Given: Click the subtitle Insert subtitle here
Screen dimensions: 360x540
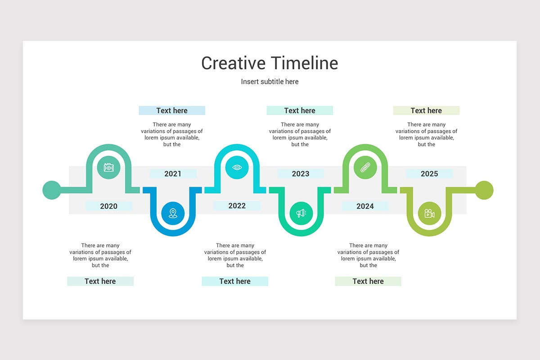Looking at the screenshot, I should coord(270,81).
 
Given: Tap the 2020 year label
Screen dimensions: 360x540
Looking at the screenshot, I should coord(108,206).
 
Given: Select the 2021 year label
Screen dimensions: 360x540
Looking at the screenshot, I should coord(173,174).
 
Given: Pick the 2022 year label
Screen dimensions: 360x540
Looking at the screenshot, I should coord(237,206).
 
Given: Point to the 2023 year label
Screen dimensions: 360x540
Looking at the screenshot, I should coord(301,174).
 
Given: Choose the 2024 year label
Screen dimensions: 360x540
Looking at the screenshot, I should coord(365,206).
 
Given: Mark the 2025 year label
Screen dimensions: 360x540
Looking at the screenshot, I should coord(429,174).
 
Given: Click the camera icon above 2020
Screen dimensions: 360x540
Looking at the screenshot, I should coord(108,167).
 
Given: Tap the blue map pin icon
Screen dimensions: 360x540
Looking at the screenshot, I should coord(173,213).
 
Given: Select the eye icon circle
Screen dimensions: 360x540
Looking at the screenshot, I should coord(237,167).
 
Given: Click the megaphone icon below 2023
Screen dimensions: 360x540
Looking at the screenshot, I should coord(301,213).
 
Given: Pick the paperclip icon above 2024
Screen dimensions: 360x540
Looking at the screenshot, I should coord(365,167).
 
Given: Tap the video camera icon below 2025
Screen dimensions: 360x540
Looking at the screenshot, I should coord(429,213).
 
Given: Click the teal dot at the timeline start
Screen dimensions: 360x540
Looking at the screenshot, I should coord(51,190).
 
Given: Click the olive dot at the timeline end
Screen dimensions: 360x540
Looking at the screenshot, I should coord(484,190).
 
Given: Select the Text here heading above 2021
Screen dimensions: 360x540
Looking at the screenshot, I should coord(172,110).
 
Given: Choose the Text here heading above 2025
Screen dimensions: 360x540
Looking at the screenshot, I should coord(426,110).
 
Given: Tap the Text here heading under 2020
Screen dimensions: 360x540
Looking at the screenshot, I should coord(100,281).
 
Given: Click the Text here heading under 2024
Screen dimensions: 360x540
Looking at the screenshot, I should coord(368,281).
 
